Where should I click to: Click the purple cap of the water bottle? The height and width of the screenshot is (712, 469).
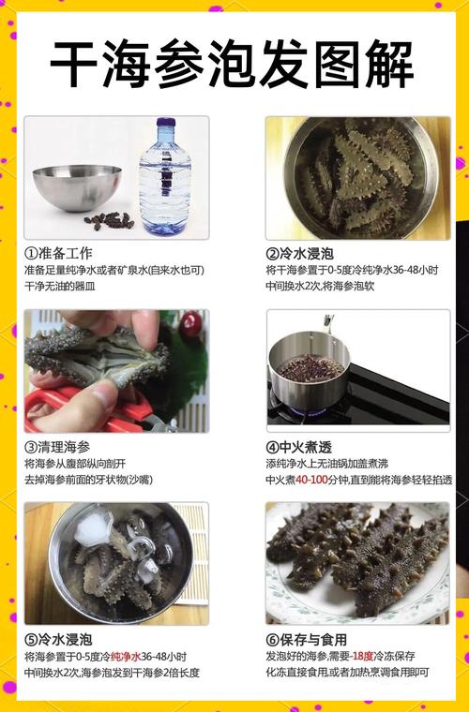pyautogui.click(x=165, y=123)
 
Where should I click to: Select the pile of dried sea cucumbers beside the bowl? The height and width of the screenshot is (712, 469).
pyautogui.click(x=109, y=221)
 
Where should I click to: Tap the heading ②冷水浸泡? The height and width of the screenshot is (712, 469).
pyautogui.click(x=300, y=254)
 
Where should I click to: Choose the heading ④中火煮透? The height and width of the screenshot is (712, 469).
pyautogui.click(x=300, y=447)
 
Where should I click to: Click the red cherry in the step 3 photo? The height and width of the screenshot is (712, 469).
pyautogui.click(x=191, y=324)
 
